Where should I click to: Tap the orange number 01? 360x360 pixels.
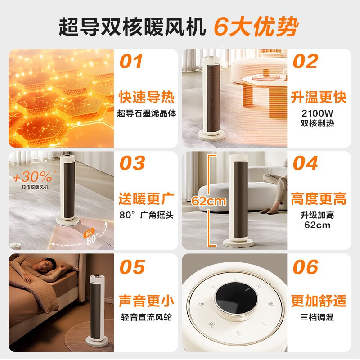(x=131, y=62)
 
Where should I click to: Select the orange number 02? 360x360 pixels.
(x=305, y=62)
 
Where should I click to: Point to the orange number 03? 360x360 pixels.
(x=132, y=163)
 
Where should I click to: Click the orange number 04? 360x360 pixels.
(x=306, y=163)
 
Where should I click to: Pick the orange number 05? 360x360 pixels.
(x=132, y=267)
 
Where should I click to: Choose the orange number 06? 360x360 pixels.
(x=306, y=267)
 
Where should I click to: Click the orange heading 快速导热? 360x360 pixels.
(x=146, y=97)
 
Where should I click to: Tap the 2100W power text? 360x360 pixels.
(x=318, y=112)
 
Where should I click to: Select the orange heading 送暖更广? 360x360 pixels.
(x=146, y=198)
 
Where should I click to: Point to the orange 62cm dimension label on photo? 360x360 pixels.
(x=208, y=201)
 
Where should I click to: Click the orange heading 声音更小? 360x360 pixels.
(x=146, y=301)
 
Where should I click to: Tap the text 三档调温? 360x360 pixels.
(x=318, y=317)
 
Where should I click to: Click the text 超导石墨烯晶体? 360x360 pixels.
(x=146, y=113)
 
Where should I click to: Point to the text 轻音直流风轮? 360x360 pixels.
(x=146, y=317)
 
